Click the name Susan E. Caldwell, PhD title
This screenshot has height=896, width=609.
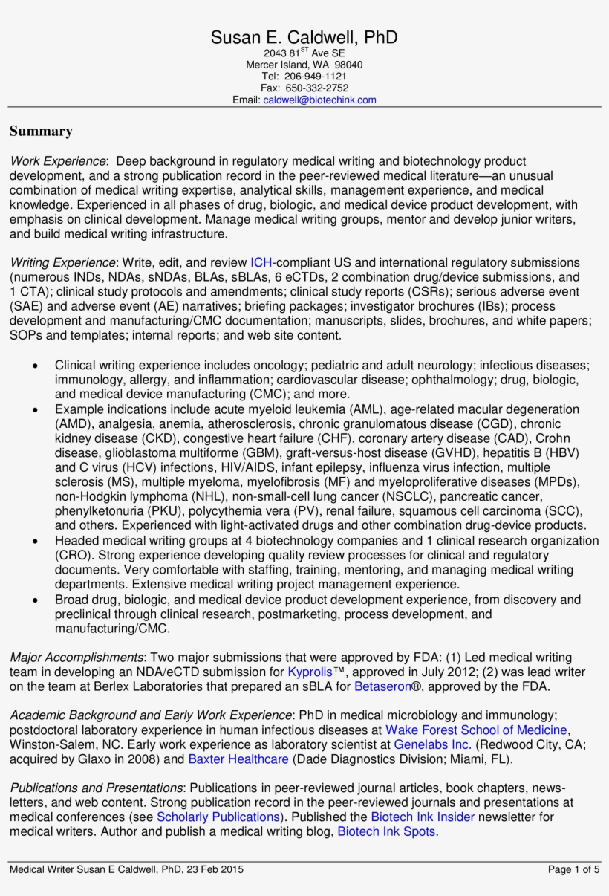point(304,38)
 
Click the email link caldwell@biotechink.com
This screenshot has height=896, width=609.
point(319,100)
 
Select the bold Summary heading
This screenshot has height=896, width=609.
point(41,132)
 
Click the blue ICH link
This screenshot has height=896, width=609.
point(261,262)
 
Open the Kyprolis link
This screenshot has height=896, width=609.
point(310,672)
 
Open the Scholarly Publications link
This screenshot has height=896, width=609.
point(218,817)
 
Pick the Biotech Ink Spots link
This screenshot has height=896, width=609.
point(386,831)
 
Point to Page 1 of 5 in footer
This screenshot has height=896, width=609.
point(573,869)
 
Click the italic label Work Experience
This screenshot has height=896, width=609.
point(58,161)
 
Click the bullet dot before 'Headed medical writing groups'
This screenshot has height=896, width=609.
point(36,542)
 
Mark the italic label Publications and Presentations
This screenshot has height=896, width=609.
point(97,788)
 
